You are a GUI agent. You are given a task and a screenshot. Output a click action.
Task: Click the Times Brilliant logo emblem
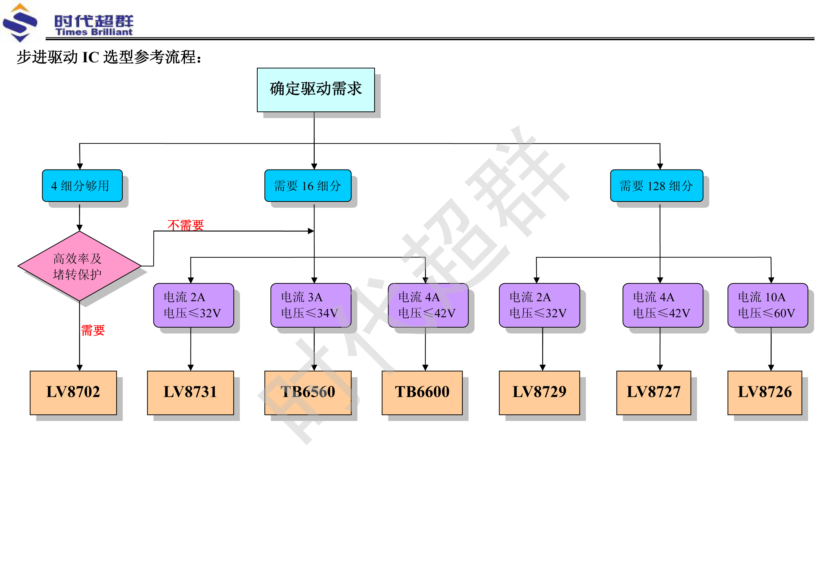click(x=20, y=22)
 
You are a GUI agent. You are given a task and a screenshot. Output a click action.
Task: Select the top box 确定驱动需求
click(x=315, y=90)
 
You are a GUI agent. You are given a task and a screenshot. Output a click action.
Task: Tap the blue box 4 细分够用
click(x=82, y=185)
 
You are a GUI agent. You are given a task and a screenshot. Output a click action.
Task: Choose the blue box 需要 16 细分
click(x=308, y=185)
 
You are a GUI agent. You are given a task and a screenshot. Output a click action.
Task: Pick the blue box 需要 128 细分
click(x=656, y=185)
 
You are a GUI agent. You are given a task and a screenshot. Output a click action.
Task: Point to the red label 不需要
click(x=185, y=225)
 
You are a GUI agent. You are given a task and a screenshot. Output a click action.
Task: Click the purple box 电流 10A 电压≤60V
click(x=767, y=305)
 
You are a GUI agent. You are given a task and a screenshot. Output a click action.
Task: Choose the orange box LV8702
click(x=73, y=392)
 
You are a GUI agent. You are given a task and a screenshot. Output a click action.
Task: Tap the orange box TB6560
click(x=308, y=392)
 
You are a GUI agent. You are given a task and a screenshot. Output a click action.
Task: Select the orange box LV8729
click(x=539, y=392)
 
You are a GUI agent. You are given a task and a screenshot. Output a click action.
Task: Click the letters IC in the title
click(x=90, y=57)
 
